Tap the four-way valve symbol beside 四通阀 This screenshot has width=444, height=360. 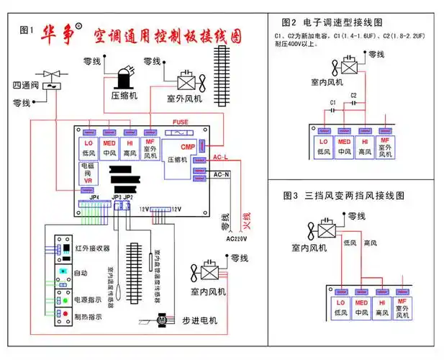tap(51, 79)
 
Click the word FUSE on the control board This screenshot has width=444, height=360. tap(181, 122)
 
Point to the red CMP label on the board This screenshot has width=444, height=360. tap(188, 147)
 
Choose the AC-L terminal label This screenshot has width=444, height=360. tap(221, 157)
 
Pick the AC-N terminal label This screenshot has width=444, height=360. tap(221, 174)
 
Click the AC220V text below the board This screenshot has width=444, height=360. tap(236, 238)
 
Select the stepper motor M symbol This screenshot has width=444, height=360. tap(162, 318)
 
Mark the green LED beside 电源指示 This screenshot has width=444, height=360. tap(65, 299)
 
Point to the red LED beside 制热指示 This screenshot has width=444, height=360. tap(65, 315)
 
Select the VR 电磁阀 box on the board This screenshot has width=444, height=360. tap(87, 173)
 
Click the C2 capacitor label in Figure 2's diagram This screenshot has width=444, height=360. tap(353, 95)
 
